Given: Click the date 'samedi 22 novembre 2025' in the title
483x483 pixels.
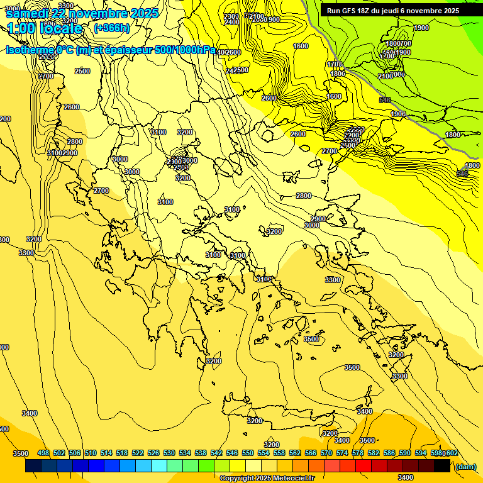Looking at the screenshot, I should click(x=82, y=13).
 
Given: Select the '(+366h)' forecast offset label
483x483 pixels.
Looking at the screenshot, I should click(x=111, y=28).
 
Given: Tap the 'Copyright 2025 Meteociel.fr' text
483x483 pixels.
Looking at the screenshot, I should click(x=267, y=479).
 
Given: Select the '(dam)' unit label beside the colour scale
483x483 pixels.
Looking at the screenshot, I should click(x=465, y=467).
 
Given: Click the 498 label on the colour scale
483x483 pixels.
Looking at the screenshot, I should click(x=43, y=453).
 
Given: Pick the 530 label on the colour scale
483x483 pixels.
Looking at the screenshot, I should click(x=169, y=453).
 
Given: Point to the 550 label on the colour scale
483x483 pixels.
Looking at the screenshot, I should click(x=248, y=453).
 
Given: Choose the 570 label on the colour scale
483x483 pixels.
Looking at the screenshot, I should click(x=326, y=453).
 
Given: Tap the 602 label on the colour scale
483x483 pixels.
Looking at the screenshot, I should click(x=452, y=453).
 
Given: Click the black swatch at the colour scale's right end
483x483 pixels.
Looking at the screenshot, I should click(x=442, y=466).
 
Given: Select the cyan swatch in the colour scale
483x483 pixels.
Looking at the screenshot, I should click(x=159, y=466).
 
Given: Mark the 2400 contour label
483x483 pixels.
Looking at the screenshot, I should click(x=231, y=22).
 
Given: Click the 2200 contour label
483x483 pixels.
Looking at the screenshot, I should click(x=352, y=135).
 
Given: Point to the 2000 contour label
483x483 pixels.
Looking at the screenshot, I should click(x=258, y=19).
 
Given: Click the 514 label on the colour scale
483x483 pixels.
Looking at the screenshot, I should click(x=106, y=453).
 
